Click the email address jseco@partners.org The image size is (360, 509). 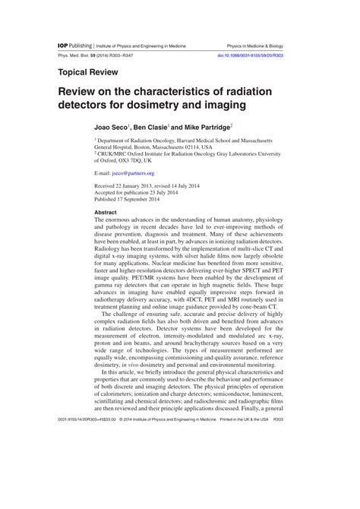point(135,172)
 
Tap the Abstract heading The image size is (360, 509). point(105,212)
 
